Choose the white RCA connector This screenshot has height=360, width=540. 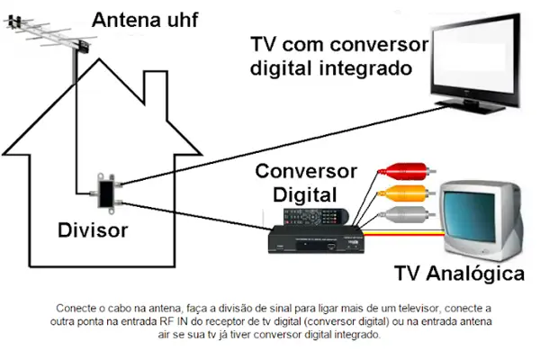397,213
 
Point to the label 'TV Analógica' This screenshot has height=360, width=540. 459,273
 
